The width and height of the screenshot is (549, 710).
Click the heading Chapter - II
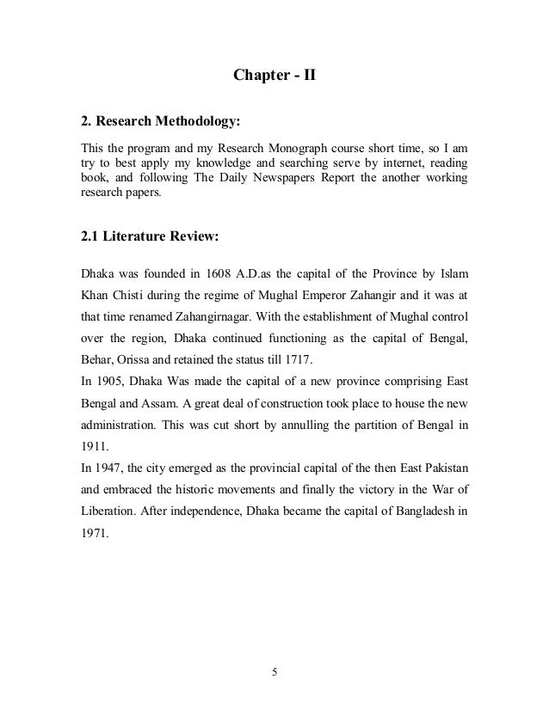[274, 76]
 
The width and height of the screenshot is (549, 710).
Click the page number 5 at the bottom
[274, 671]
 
